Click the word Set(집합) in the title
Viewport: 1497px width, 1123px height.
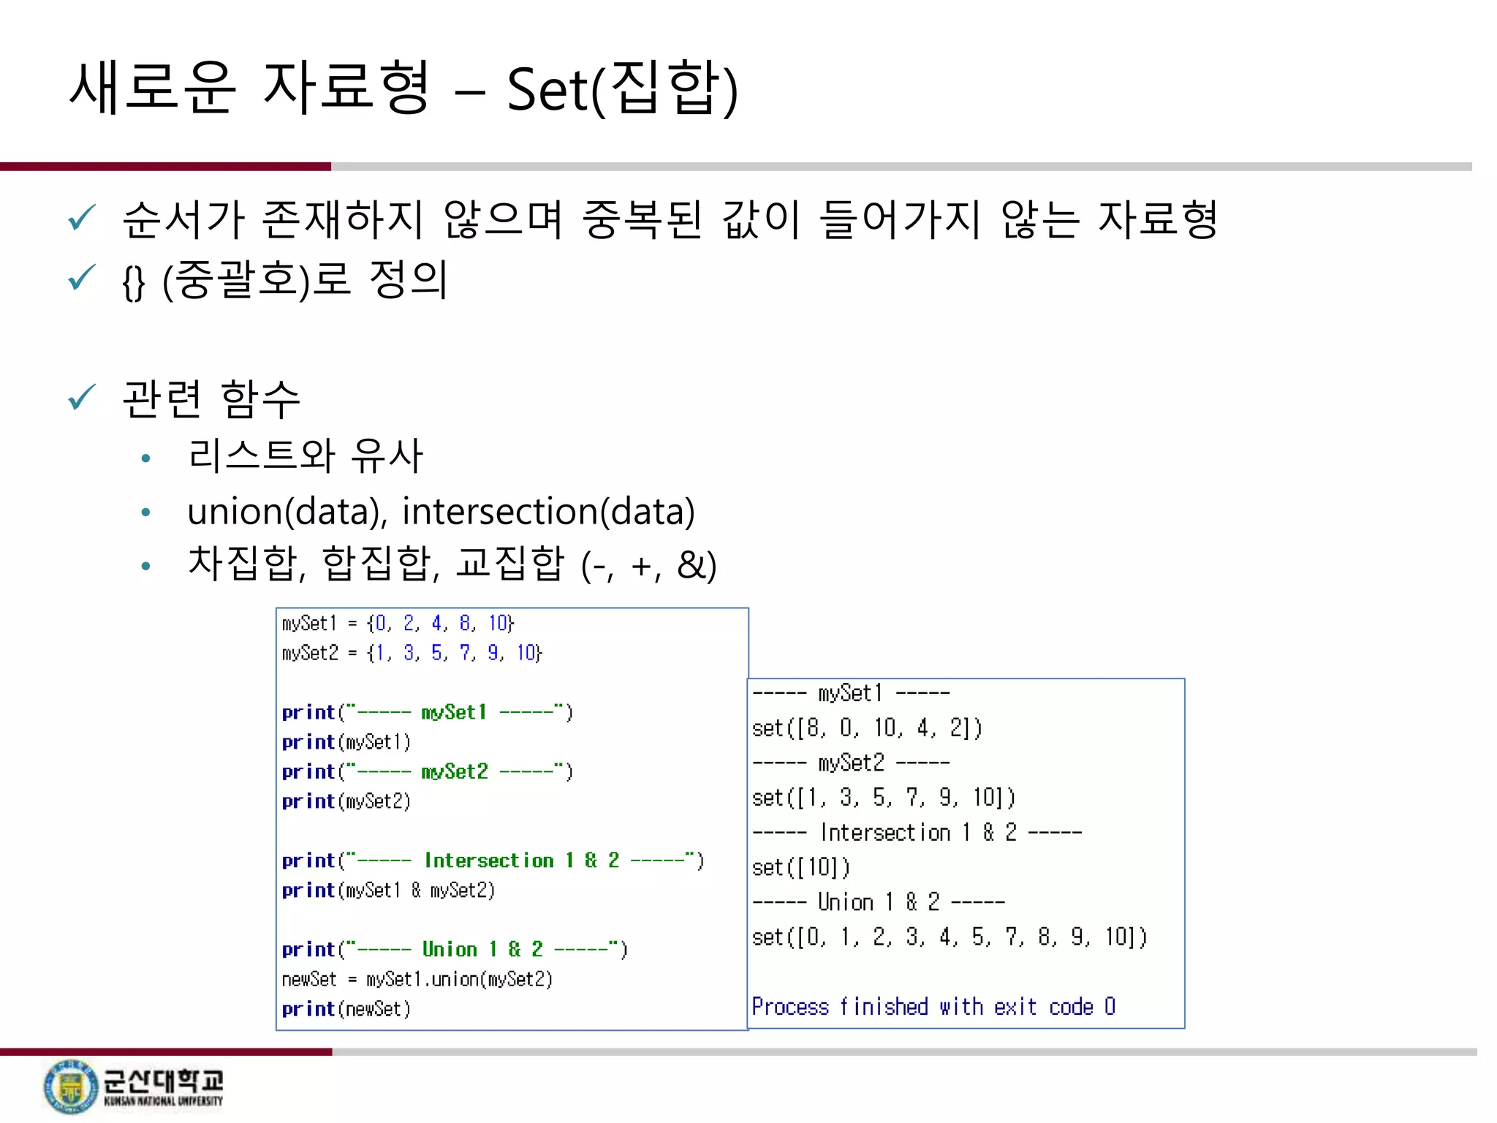tap(622, 90)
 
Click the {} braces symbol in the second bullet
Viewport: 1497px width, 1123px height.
tap(134, 282)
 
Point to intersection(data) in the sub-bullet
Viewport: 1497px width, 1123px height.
tap(548, 511)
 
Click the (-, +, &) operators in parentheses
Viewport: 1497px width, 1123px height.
tap(648, 565)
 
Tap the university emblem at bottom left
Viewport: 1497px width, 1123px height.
tap(70, 1086)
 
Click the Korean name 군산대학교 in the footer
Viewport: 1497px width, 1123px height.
tap(163, 1080)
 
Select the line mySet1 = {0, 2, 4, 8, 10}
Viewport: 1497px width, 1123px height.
tap(398, 624)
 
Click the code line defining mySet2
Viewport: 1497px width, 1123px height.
tap(412, 653)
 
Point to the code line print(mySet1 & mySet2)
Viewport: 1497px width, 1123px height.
tap(388, 891)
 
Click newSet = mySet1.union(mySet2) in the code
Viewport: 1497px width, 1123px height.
tap(417, 980)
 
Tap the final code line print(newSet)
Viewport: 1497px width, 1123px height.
tap(346, 1010)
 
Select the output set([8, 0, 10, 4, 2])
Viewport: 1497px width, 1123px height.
tap(867, 728)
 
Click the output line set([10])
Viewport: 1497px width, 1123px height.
tap(801, 868)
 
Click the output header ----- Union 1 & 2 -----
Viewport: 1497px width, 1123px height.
tap(879, 902)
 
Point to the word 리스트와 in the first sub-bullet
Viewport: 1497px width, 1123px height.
tap(261, 455)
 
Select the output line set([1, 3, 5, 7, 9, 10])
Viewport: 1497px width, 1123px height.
tap(884, 798)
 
